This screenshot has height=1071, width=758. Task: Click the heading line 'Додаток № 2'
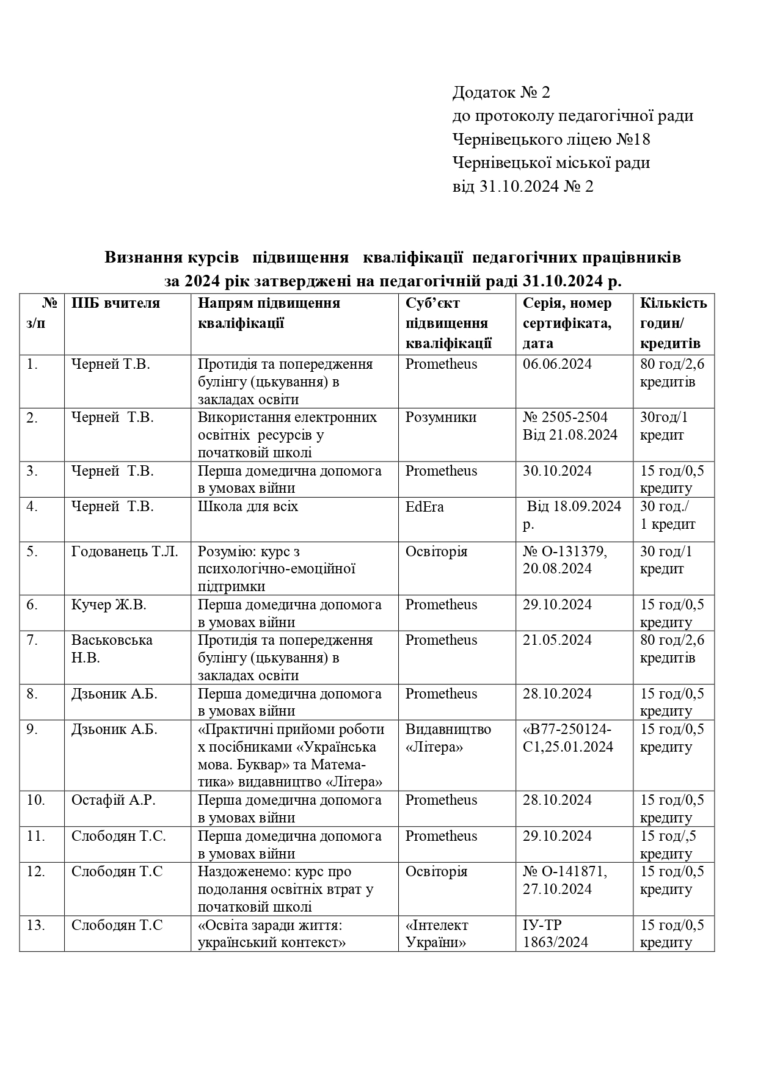(x=501, y=92)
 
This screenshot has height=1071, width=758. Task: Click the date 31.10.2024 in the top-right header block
(x=519, y=186)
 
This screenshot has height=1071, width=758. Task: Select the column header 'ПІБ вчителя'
(x=115, y=303)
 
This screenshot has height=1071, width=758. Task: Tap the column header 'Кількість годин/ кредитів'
(x=673, y=323)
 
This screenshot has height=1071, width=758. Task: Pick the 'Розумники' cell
(x=441, y=418)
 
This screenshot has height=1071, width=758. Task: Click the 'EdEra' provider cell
(x=425, y=507)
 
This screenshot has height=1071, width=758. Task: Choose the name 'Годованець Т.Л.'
(x=125, y=552)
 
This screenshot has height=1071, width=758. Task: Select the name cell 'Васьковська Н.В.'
(x=112, y=649)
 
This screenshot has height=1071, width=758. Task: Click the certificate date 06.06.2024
(x=557, y=365)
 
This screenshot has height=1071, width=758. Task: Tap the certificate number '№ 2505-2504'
(x=565, y=418)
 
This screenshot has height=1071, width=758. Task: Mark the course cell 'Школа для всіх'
(x=248, y=507)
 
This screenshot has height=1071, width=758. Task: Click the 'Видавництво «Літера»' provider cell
(x=448, y=738)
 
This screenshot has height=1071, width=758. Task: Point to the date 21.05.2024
(x=557, y=641)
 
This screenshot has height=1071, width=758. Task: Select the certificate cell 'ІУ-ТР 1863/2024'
(x=555, y=934)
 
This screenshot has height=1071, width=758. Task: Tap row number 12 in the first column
(x=36, y=872)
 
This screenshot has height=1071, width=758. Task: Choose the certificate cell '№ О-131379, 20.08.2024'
(x=564, y=560)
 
